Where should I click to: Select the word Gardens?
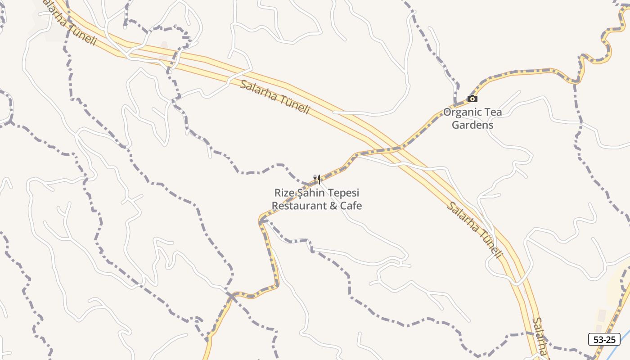coord(472,125)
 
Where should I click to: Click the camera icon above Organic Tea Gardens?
coord(472,99)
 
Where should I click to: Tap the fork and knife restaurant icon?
coord(317,180)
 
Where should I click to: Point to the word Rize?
coord(284,193)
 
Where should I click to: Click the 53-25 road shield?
coord(604,339)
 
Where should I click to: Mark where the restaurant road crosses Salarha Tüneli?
coord(387,150)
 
